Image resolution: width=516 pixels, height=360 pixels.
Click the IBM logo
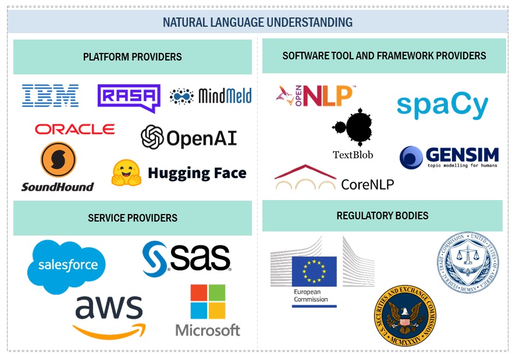50,95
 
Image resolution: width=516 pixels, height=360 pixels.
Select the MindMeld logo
211,96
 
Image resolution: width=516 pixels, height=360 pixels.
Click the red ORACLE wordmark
74,129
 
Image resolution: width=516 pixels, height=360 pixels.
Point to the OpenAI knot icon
152,137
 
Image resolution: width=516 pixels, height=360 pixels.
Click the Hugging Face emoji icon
126,172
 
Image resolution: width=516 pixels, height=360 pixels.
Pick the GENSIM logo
449,157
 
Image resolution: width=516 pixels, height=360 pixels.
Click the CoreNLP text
367,184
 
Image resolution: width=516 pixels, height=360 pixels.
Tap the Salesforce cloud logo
67,265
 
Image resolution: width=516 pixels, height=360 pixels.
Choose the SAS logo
187,258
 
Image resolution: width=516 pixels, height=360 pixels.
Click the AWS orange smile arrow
109,331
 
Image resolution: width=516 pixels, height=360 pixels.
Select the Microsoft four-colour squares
208,301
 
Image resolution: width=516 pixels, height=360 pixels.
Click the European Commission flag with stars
314,271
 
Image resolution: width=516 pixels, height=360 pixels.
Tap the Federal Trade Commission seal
469,262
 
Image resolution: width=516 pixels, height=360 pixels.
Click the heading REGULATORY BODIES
382,216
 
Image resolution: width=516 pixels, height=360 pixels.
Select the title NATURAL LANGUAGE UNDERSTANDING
257,23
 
